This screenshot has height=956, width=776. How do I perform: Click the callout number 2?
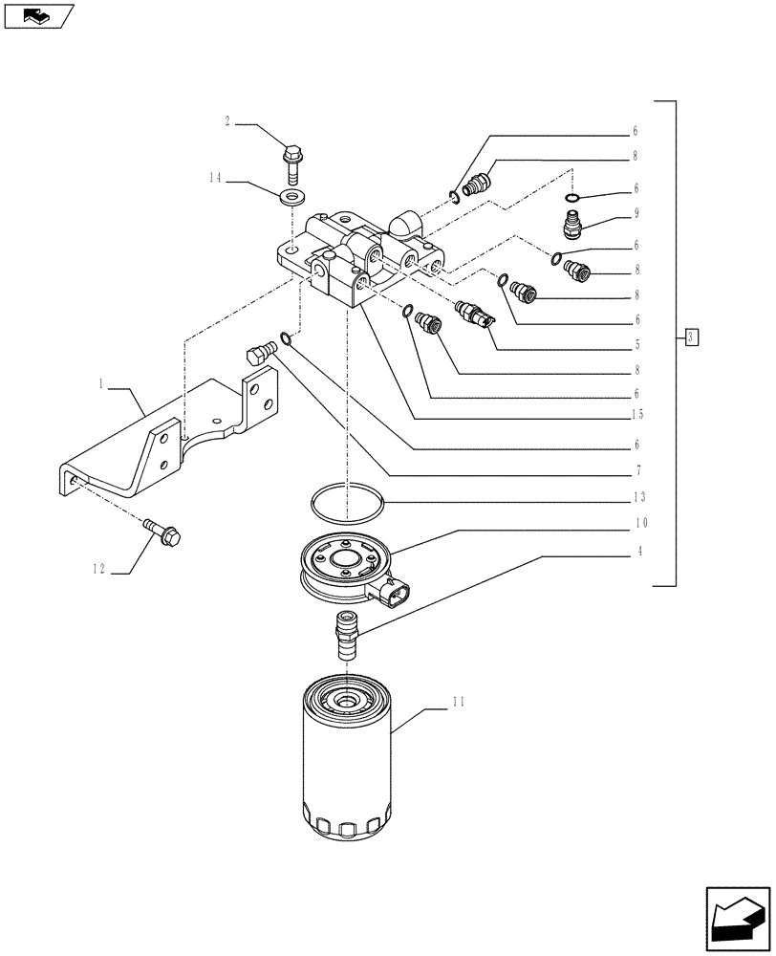(x=227, y=121)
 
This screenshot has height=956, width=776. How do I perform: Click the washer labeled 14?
(x=290, y=198)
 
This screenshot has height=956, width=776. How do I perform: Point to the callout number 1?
(x=101, y=382)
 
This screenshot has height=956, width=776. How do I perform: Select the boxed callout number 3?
(x=693, y=336)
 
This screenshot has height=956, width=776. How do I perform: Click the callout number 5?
(x=636, y=344)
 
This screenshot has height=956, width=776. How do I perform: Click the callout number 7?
(x=636, y=470)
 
